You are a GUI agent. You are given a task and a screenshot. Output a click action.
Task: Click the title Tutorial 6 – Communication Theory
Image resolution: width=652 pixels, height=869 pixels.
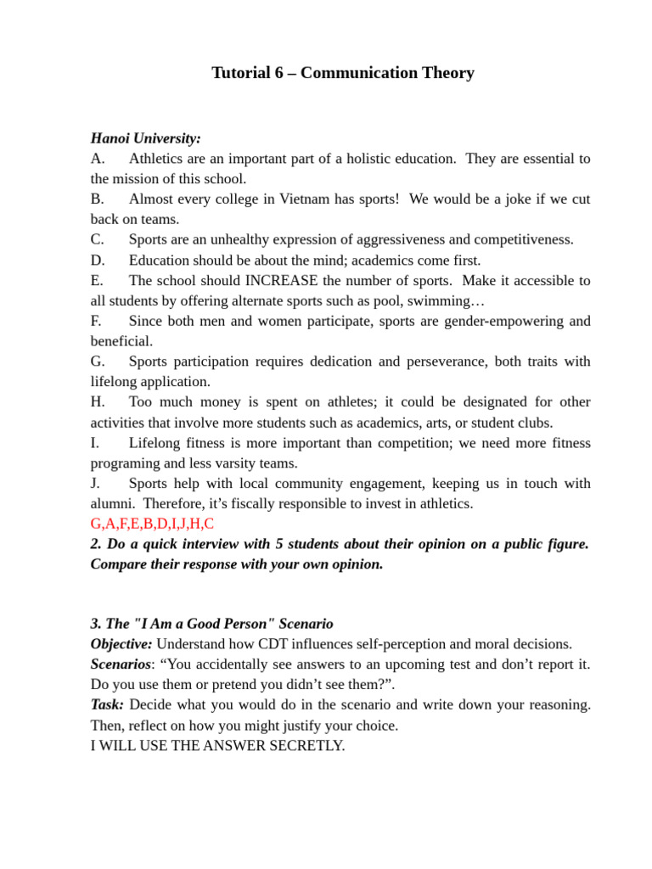(342, 73)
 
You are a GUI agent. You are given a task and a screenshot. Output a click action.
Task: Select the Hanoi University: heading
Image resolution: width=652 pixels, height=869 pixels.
(146, 137)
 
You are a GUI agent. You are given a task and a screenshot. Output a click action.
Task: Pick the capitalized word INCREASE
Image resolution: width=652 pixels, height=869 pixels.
(282, 281)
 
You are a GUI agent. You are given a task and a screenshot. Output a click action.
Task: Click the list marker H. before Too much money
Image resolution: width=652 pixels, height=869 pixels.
(98, 402)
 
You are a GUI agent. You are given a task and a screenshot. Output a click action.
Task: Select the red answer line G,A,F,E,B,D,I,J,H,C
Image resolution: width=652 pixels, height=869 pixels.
(152, 524)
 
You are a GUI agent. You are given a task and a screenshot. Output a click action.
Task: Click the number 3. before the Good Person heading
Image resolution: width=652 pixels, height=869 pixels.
(96, 624)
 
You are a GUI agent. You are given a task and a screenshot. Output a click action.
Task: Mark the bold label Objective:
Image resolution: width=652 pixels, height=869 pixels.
(121, 644)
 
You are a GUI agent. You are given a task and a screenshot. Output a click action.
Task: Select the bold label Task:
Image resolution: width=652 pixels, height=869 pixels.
(108, 705)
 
